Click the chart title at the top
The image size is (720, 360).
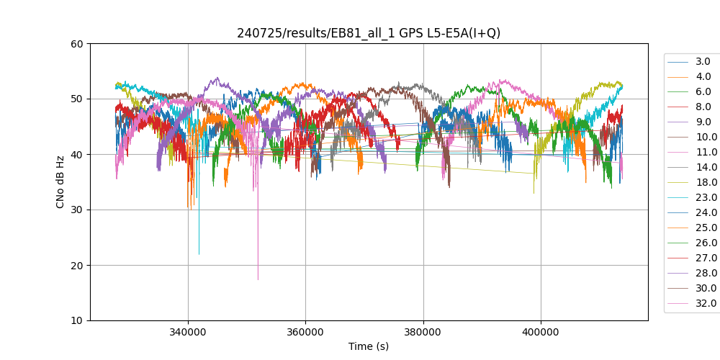point(369,33)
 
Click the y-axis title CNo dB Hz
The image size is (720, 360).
point(60,182)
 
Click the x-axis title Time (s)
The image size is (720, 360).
point(369,346)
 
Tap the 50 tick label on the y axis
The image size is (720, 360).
point(76,99)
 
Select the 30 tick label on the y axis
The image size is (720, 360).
point(76,210)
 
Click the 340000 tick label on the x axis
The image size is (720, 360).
point(188,333)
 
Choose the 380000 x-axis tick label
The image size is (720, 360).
point(423,333)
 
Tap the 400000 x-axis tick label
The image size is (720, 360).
point(541,333)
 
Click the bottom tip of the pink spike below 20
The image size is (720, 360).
point(258,279)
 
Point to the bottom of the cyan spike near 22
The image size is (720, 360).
point(199,254)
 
